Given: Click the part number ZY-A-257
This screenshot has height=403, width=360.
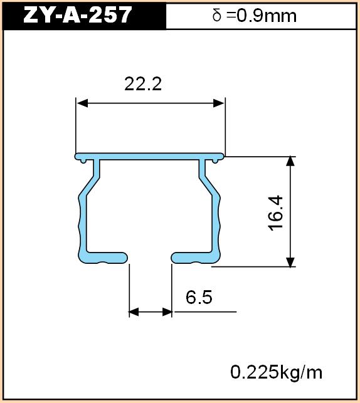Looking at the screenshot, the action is click(77, 15).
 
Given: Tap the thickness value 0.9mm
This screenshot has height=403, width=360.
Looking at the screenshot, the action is click(267, 16).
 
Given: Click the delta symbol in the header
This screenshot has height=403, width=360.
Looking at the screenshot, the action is click(217, 15).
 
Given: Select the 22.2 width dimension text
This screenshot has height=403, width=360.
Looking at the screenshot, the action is click(143, 84).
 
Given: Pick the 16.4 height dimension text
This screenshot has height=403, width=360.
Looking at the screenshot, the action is click(275, 213).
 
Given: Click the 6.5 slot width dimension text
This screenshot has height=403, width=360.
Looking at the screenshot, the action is click(199, 297).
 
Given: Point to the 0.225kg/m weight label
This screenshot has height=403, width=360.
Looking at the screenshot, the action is click(276, 372).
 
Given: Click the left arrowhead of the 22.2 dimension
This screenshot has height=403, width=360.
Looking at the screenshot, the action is click(82, 103).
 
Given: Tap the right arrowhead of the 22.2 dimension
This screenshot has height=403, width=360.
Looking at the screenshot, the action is click(219, 103).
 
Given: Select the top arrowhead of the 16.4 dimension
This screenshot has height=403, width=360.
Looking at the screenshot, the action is click(290, 162).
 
